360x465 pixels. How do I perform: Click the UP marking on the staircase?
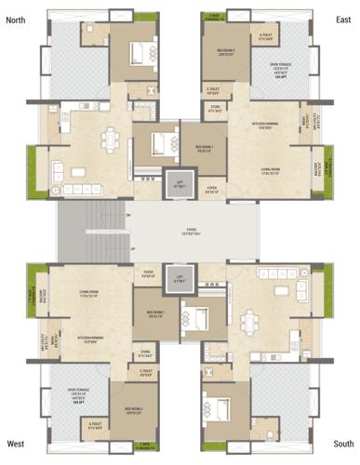click(x=132, y=250)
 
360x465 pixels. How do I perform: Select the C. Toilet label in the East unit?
click(x=213, y=91)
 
